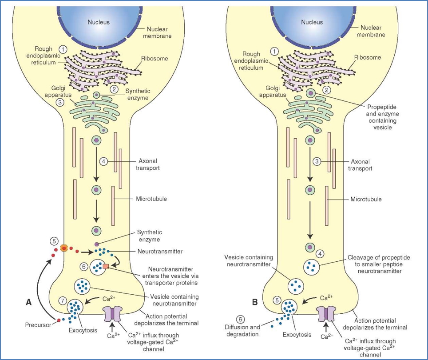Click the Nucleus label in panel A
pos(98,22)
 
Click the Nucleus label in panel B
pos(312,22)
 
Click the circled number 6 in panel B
pos(240,319)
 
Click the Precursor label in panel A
pos(37,325)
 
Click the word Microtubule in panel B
pos(366,199)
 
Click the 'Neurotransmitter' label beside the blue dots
pos(155,251)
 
